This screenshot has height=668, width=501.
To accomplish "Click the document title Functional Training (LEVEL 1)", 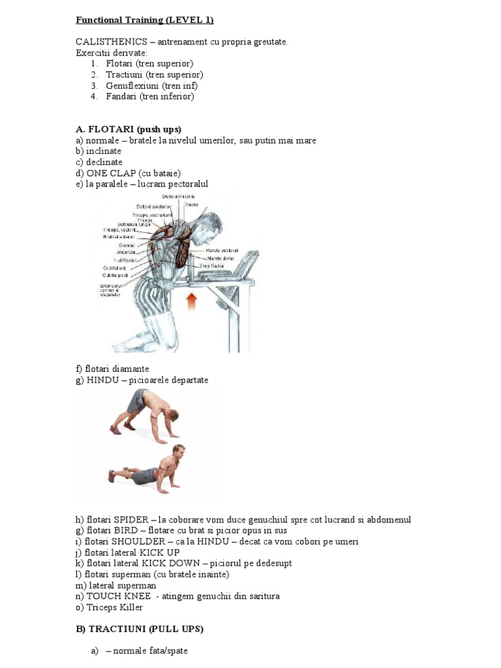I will point(145,20).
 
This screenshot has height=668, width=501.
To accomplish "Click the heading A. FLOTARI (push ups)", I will point(129,129).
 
